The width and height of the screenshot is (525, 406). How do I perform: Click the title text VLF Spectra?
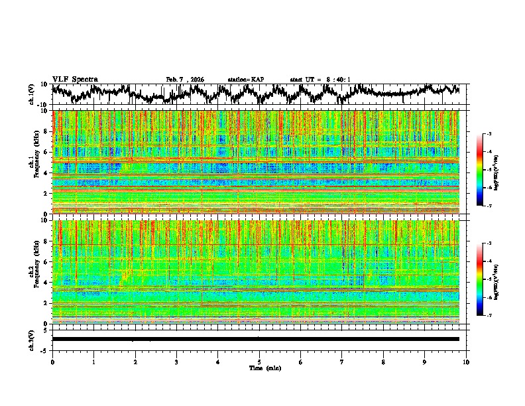click(75, 79)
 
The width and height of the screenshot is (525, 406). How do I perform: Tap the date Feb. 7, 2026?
click(185, 80)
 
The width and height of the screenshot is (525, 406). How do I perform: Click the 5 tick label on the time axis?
click(259, 362)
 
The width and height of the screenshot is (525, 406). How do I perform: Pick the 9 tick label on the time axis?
click(425, 362)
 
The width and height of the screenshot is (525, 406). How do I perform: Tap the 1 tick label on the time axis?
click(93, 362)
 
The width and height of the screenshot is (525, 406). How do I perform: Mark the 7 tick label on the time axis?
click(342, 362)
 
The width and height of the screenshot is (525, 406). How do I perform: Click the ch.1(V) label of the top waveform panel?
click(32, 94)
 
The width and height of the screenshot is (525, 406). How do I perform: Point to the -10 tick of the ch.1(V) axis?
click(41, 105)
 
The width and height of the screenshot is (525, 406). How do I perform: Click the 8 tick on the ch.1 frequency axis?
click(46, 131)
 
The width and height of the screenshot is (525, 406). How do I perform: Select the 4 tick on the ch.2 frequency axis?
click(46, 283)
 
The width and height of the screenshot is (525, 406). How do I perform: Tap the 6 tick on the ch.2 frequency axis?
click(46, 262)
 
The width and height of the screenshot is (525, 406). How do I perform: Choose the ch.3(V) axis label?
click(32, 339)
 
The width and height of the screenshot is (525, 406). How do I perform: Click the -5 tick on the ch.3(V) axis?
click(43, 349)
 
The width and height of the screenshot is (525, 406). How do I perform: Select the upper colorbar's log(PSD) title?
click(496, 170)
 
